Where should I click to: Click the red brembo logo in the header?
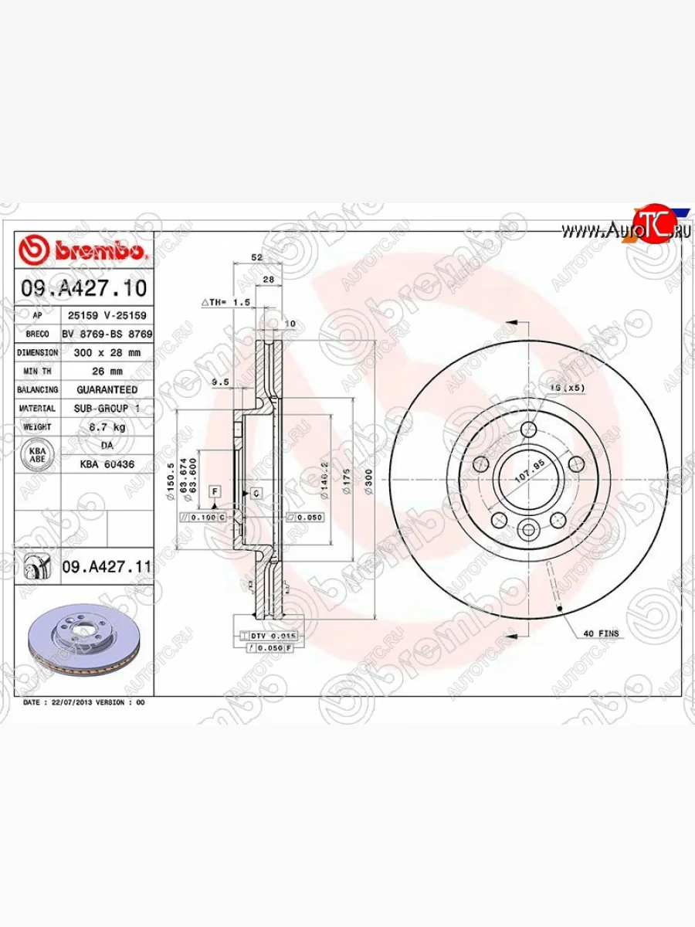(x=83, y=252)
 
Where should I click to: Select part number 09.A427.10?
(x=83, y=289)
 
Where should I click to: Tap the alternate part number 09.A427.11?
(x=106, y=568)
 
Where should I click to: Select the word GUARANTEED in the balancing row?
(x=107, y=389)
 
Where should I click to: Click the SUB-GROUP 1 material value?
(x=107, y=408)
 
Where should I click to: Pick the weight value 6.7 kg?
(x=107, y=426)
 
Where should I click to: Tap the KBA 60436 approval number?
(x=107, y=463)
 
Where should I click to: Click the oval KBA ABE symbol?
(x=36, y=454)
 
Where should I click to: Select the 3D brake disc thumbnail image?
(x=83, y=637)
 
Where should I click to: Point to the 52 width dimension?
(x=257, y=257)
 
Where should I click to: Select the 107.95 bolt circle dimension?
(x=530, y=477)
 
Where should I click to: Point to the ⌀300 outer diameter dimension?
(x=368, y=480)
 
